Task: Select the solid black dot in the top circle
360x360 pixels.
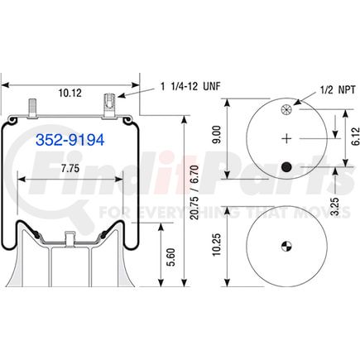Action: point(286,169)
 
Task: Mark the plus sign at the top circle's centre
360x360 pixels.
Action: point(286,138)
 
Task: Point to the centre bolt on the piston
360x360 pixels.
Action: point(71,241)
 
